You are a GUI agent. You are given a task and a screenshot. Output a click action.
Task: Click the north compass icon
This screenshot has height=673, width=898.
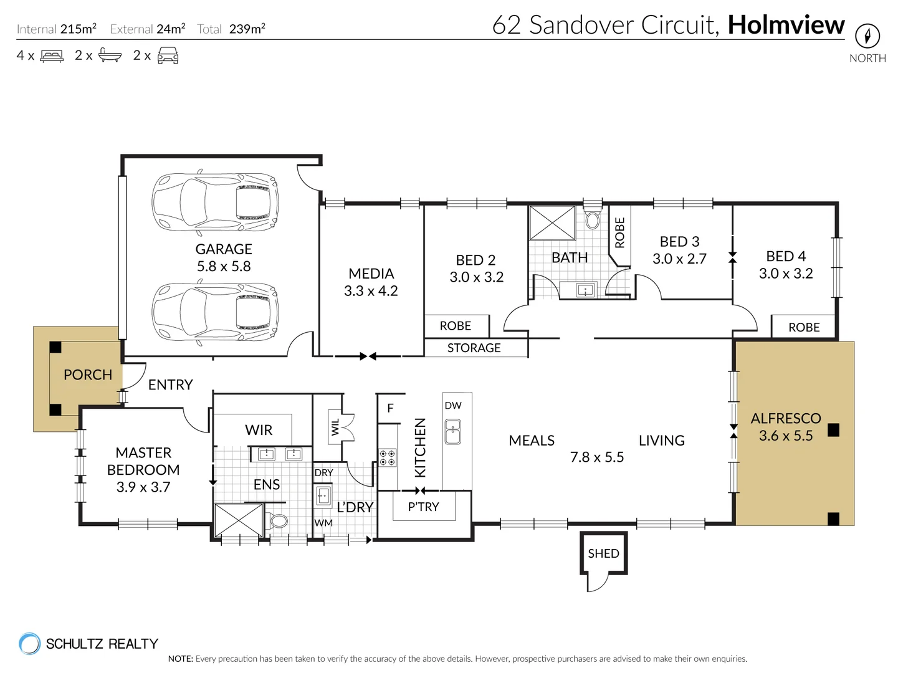pyautogui.click(x=867, y=36)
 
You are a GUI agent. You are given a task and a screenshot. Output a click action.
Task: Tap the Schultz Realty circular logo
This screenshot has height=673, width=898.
pyautogui.click(x=30, y=644)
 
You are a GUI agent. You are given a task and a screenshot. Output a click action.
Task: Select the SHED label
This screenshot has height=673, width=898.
pyautogui.click(x=603, y=553)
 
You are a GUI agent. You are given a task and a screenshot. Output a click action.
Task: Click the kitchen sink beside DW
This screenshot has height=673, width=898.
pyautogui.click(x=453, y=431)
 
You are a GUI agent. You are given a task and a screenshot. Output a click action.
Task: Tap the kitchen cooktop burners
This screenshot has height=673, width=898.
pyautogui.click(x=387, y=458)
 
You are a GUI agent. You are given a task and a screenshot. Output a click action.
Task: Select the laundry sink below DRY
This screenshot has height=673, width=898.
pyautogui.click(x=323, y=496)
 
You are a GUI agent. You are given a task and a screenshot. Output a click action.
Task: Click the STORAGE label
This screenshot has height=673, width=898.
pyautogui.click(x=474, y=348)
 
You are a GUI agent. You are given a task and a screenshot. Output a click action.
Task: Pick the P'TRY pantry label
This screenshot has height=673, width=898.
pyautogui.click(x=423, y=507)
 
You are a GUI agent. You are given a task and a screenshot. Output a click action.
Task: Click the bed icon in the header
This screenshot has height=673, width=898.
pyautogui.click(x=52, y=55)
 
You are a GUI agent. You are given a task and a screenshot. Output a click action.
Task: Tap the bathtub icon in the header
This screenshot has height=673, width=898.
pyautogui.click(x=110, y=55)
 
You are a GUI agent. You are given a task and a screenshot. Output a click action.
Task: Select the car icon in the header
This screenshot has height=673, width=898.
pyautogui.click(x=168, y=55)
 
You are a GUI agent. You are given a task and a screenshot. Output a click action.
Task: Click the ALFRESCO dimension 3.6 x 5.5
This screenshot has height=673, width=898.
pyautogui.click(x=785, y=436)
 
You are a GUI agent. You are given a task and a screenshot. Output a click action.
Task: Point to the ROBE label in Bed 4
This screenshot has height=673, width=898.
pyautogui.click(x=804, y=327)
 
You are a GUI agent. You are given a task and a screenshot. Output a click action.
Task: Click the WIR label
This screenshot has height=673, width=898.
pyautogui.click(x=259, y=430)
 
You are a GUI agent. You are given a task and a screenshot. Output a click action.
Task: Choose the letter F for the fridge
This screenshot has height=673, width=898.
pyautogui.click(x=390, y=408)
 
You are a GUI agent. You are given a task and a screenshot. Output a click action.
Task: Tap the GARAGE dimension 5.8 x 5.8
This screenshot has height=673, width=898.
pyautogui.click(x=223, y=266)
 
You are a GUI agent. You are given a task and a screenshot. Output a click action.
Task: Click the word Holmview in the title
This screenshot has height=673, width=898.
pyautogui.click(x=786, y=25)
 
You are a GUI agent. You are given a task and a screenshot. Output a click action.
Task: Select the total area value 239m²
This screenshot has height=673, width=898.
pyautogui.click(x=247, y=29)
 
